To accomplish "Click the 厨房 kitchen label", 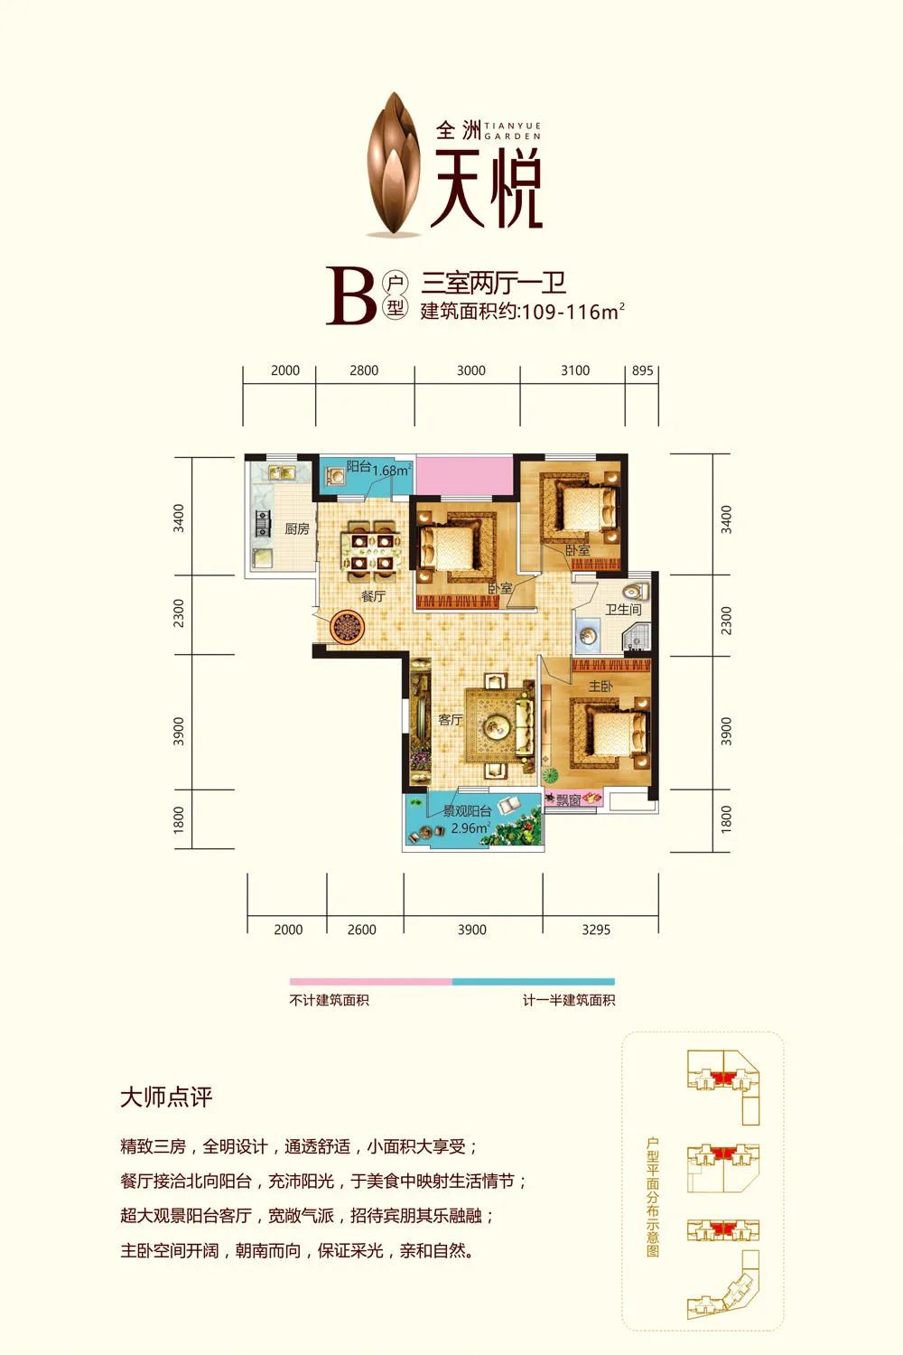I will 297,528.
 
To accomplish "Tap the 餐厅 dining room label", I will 373,596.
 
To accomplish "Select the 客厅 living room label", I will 450,719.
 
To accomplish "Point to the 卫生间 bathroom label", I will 623,610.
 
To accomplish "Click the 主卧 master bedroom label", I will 600,687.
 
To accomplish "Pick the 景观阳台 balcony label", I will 467,811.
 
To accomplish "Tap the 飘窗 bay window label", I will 568,799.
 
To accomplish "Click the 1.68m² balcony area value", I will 391,470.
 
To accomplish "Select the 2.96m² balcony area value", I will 470,827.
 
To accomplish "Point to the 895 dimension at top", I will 642,370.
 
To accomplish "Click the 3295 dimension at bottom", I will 596,929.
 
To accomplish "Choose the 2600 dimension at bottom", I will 361,929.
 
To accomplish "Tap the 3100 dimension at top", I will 574,370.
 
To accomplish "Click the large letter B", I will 350,296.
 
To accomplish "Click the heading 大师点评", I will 166,1098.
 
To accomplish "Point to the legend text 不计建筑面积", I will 329,1000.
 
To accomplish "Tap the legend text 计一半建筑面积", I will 569,1000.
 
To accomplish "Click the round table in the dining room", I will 346,626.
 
